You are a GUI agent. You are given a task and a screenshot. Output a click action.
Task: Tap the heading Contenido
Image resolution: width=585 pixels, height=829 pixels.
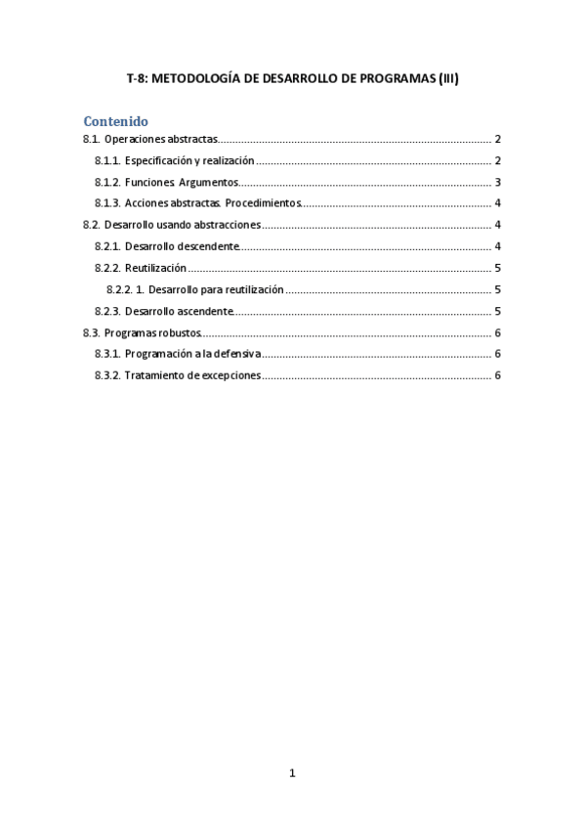pos(115,121)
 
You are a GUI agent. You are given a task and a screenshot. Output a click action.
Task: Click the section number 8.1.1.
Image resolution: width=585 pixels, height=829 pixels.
pos(107,160)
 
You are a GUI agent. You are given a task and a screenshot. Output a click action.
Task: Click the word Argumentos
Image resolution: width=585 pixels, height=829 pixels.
pos(208,182)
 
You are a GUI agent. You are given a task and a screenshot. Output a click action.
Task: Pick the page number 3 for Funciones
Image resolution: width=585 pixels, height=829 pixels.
pos(498,182)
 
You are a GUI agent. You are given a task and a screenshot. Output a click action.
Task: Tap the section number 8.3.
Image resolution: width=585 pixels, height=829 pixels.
pos(91,332)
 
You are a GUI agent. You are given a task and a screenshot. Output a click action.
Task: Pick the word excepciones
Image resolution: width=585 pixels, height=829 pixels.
pos(226,375)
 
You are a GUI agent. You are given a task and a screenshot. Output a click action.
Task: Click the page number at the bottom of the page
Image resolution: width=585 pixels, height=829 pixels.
pos(292,773)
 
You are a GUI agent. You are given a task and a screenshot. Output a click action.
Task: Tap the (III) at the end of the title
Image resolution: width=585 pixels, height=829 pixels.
pos(444,80)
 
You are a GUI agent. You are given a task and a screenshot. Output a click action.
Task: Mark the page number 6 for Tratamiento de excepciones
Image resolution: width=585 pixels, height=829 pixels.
pos(498,375)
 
